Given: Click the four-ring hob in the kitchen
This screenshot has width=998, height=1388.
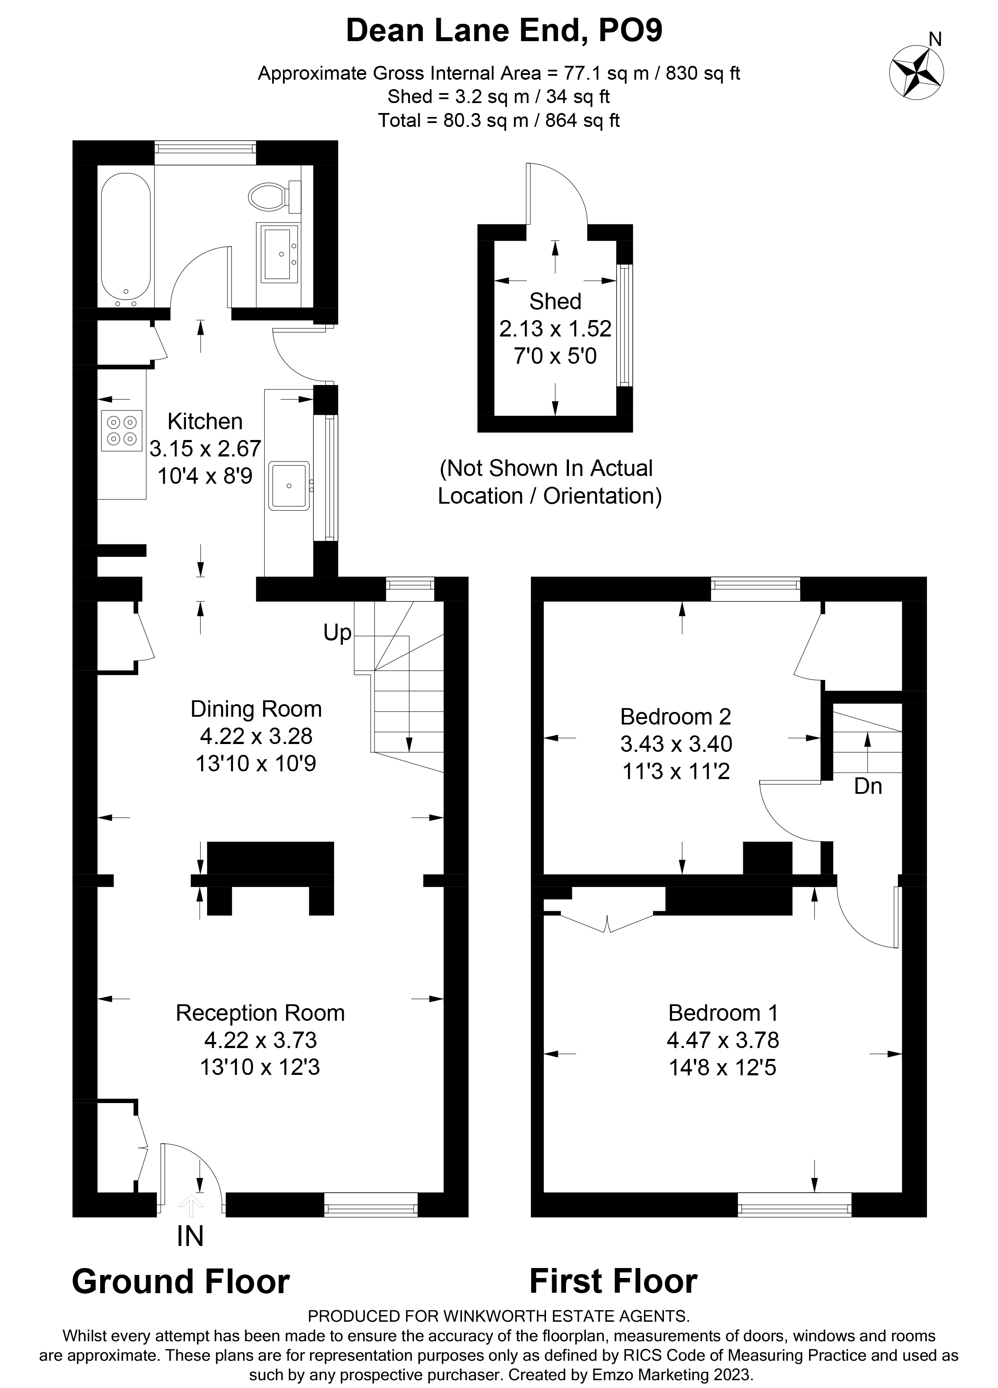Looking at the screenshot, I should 122,430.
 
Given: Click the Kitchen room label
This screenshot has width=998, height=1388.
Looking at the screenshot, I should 205,421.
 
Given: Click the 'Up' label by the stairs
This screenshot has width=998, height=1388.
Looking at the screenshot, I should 337,633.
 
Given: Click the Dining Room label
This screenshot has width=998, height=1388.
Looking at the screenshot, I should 256,709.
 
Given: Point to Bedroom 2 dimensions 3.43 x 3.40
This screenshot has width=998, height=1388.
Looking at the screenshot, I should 676,744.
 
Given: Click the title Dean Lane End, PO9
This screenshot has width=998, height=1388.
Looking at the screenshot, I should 504,31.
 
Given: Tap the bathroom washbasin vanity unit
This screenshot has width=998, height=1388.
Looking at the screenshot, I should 279,253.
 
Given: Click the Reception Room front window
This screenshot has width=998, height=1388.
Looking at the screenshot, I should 371,1209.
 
